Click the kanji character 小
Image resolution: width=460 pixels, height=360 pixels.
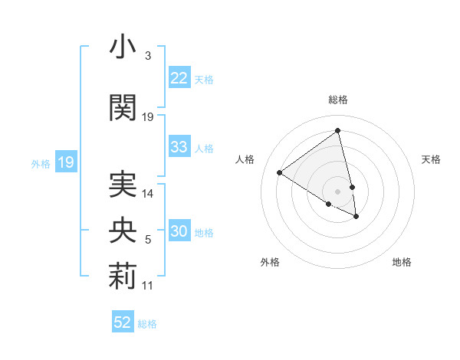pyautogui.click(x=123, y=47)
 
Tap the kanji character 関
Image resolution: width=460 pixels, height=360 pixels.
pyautogui.click(x=123, y=107)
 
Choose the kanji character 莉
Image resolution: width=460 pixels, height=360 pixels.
pyautogui.click(x=123, y=277)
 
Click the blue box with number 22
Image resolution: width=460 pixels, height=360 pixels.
pyautogui.click(x=179, y=79)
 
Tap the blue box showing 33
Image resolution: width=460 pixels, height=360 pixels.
pyautogui.click(x=179, y=148)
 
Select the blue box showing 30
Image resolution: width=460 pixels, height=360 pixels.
pyautogui.click(x=179, y=232)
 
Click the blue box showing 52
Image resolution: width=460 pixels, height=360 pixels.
pyautogui.click(x=123, y=323)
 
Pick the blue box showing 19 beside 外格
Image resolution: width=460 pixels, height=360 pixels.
pyautogui.click(x=66, y=162)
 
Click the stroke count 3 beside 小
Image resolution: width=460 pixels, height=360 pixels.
pyautogui.click(x=147, y=56)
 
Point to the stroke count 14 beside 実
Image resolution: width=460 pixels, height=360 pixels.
pyautogui.click(x=148, y=194)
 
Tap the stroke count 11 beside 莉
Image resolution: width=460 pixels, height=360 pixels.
pyautogui.click(x=148, y=286)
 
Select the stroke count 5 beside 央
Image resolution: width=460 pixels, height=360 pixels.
pyautogui.click(x=147, y=241)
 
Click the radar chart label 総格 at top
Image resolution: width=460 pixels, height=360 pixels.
pyautogui.click(x=338, y=100)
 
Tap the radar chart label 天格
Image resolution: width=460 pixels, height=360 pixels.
pyautogui.click(x=431, y=159)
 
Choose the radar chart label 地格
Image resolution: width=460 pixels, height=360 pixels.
pyautogui.click(x=402, y=262)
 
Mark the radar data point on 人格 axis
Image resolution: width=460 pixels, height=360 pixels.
pyautogui.click(x=280, y=172)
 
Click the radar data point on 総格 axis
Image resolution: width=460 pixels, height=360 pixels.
pyautogui.click(x=338, y=131)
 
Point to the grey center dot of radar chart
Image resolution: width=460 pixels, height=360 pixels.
pyautogui.click(x=338, y=191)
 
